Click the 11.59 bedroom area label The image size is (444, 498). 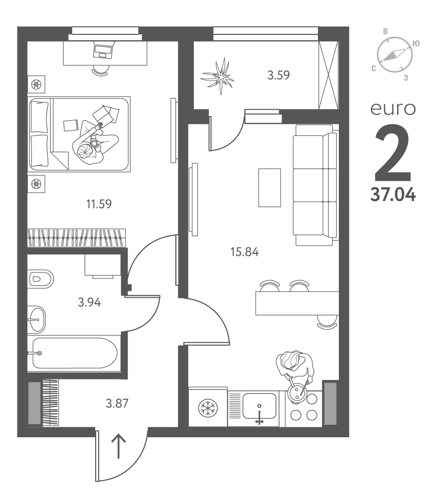point(99,204)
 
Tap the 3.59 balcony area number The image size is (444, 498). point(279,75)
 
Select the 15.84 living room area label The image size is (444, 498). point(245,252)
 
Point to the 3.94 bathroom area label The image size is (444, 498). point(89,302)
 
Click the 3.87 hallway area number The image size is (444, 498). point(117,404)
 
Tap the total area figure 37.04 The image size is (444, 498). point(393,194)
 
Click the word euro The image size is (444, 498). point(393,109)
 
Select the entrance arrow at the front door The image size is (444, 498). point(119,446)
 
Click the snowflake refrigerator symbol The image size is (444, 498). point(208,408)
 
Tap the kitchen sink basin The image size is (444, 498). point(260,406)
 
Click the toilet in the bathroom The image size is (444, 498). point(41,279)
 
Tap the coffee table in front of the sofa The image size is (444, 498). point(270,188)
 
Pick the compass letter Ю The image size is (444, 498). point(416,43)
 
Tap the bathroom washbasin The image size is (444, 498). point(37,319)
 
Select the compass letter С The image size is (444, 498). point(374,68)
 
